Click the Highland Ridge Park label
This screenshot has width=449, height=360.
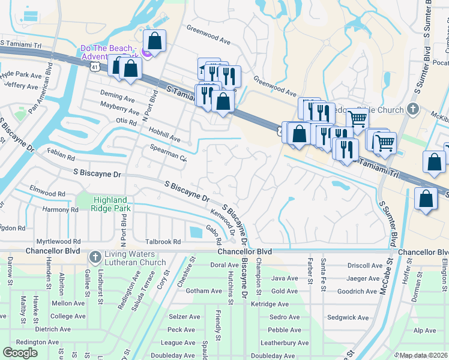110,204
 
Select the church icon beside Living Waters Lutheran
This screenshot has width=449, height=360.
94,258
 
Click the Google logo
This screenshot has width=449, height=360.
20,353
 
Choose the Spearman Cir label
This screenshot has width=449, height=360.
169,155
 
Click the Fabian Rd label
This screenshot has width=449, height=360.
61,157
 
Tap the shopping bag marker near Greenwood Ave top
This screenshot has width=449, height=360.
154,41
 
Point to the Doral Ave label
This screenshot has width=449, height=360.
225,265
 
